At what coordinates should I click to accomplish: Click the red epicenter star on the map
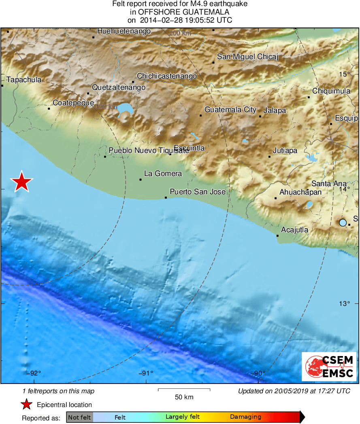click(21, 182)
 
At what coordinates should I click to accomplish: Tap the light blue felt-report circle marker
click(343, 223)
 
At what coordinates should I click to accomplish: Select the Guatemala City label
click(230, 110)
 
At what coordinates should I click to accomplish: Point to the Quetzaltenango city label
click(118, 87)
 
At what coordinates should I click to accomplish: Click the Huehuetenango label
click(124, 31)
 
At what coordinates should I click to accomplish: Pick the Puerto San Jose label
click(197, 191)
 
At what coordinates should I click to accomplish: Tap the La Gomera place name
click(163, 174)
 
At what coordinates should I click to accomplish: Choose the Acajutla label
click(294, 230)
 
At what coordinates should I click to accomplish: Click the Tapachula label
click(24, 80)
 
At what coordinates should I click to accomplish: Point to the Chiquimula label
click(331, 91)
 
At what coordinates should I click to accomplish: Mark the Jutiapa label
click(285, 151)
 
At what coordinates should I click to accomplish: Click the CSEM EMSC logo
click(329, 367)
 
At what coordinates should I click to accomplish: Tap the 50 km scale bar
click(184, 390)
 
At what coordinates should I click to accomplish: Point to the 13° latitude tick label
click(344, 303)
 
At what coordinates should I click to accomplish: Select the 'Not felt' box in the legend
click(79, 417)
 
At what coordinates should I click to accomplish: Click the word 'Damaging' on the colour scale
click(245, 417)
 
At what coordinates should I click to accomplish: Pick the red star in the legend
click(27, 404)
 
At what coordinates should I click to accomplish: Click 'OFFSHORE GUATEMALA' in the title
click(180, 12)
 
